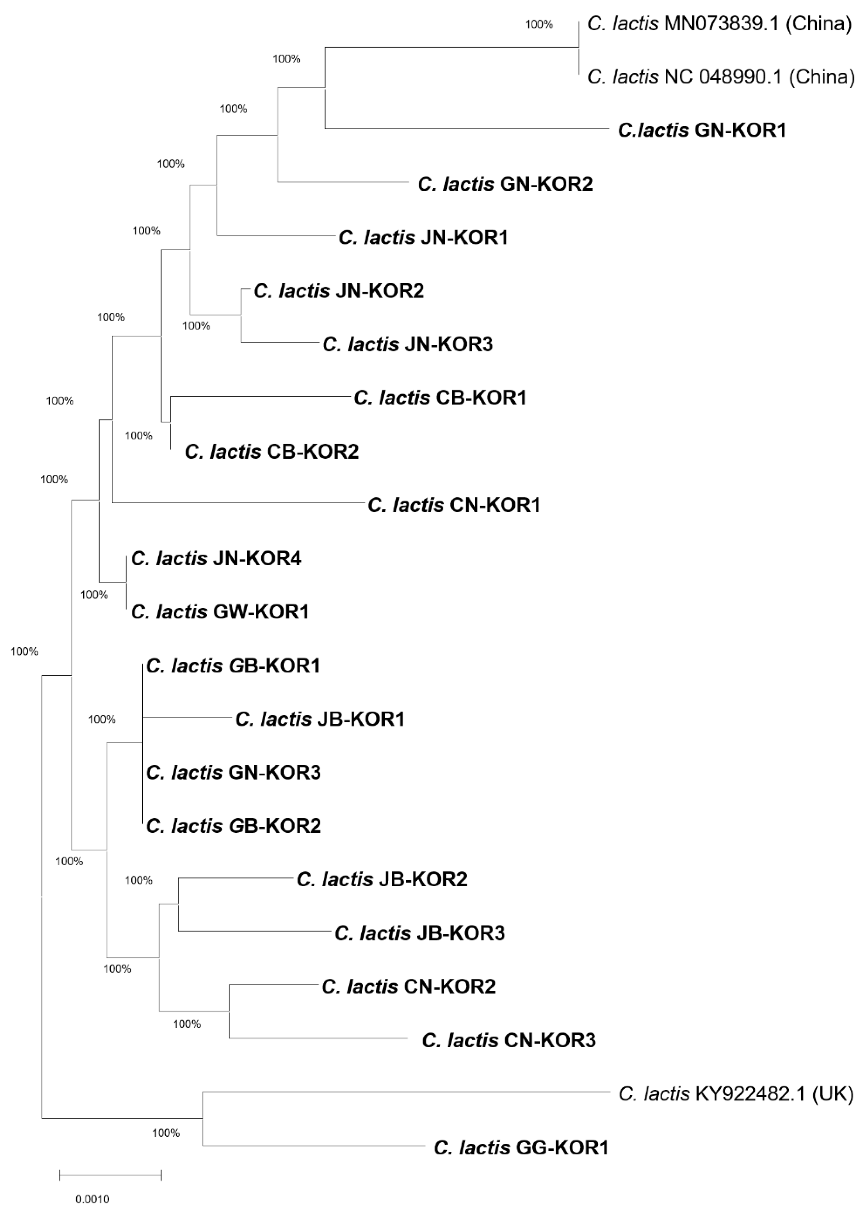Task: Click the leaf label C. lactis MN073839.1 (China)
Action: [x=719, y=24]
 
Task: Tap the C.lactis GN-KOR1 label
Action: [x=702, y=130]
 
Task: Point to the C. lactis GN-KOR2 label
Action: [x=505, y=184]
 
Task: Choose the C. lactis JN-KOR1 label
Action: [x=423, y=237]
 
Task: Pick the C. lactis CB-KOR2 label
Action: [x=271, y=452]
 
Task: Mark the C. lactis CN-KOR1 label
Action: [x=454, y=505]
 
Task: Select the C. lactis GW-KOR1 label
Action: [x=220, y=612]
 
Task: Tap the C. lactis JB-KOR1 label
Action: [x=320, y=719]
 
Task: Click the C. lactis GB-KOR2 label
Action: [x=233, y=826]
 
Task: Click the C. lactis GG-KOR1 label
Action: [x=521, y=1147]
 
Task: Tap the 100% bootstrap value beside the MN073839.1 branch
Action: [x=539, y=24]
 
